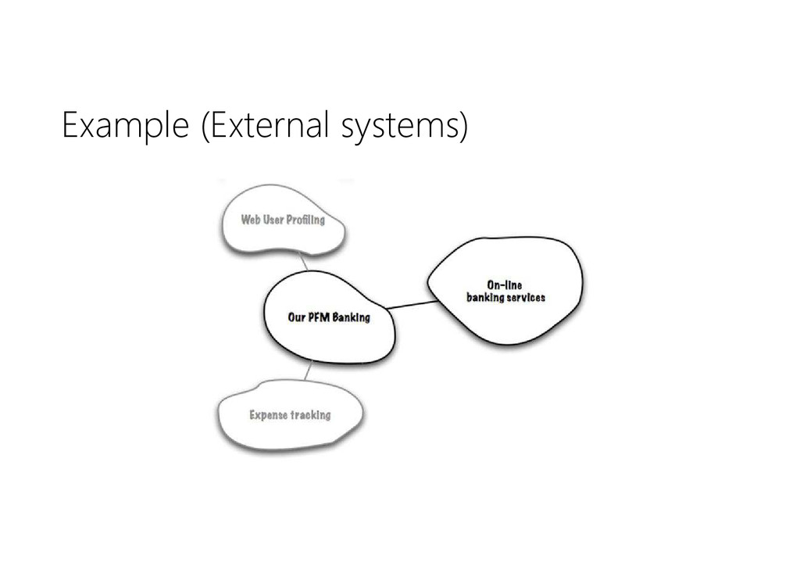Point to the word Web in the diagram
(251, 220)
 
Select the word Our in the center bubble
(296, 317)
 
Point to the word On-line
(504, 285)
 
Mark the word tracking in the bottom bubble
(311, 414)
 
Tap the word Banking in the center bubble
(352, 317)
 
